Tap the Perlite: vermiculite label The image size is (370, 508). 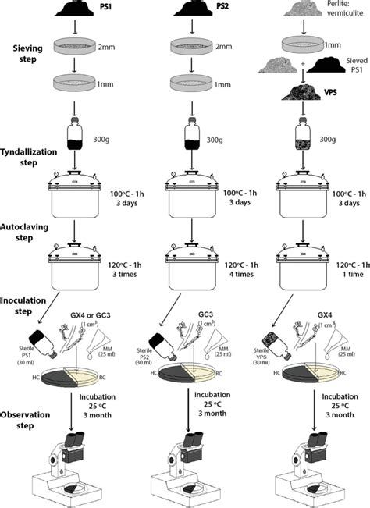(337, 7)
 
